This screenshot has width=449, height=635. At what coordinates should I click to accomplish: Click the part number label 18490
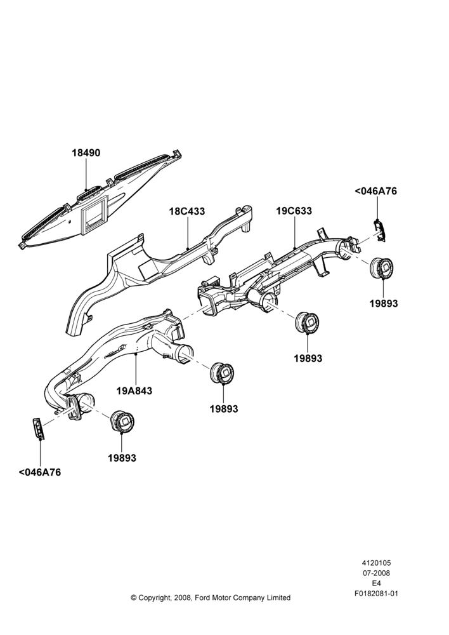coord(86,153)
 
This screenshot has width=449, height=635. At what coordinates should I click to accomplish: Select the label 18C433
coord(187,211)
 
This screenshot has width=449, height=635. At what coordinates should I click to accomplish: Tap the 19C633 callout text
coord(294,211)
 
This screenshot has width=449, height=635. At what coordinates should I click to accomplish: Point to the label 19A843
coord(134,391)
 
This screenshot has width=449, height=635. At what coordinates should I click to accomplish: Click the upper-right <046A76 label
coord(376,191)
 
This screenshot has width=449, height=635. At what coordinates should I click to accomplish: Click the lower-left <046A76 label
coord(40,472)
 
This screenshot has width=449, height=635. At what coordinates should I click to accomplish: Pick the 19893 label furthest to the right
coord(384,304)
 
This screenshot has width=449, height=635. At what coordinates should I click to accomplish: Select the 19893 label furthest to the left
coord(122,458)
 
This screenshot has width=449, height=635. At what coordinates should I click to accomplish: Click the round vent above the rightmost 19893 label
coord(381,268)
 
